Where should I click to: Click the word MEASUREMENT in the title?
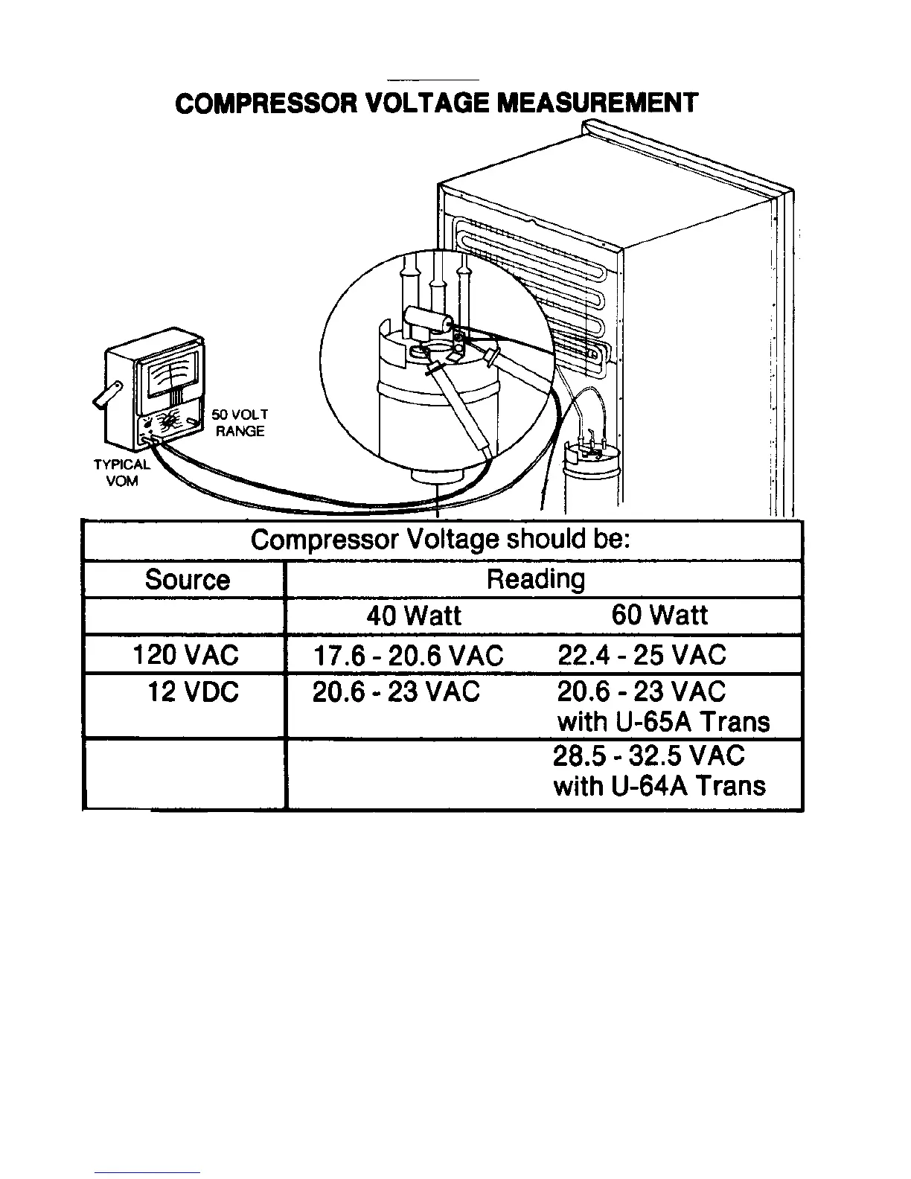pos(597,103)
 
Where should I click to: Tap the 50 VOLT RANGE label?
pos(240,423)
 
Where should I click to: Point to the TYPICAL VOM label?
pos(121,473)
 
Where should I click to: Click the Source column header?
pos(187,579)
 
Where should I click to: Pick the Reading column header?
pos(535,579)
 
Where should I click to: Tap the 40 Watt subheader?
pos(413,616)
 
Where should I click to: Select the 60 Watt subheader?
pos(659,616)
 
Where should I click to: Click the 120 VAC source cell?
pos(185,655)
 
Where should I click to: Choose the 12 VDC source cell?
pos(193,692)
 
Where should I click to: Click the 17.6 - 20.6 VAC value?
pos(408,656)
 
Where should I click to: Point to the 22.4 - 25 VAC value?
pos(641,655)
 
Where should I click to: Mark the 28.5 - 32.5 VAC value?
pos(648,755)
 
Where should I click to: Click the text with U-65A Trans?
pos(663,722)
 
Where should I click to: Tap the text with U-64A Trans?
pos(659,786)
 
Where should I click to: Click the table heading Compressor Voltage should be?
pos(441,540)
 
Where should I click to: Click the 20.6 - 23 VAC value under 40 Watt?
pos(396,692)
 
